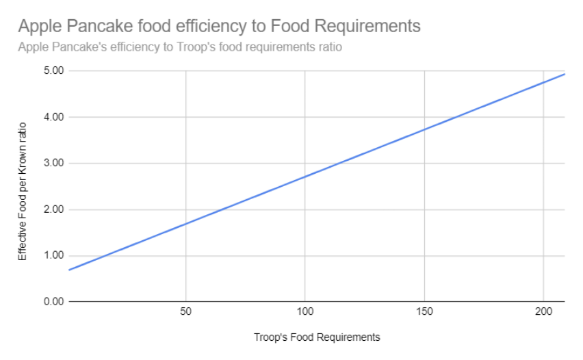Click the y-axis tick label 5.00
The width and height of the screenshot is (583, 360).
click(53, 70)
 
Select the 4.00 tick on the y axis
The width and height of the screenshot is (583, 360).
click(53, 117)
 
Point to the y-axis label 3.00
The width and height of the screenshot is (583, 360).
click(53, 163)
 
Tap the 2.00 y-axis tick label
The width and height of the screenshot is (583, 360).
click(53, 209)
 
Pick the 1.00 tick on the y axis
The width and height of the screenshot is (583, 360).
click(53, 255)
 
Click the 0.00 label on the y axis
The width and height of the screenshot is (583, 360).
click(53, 302)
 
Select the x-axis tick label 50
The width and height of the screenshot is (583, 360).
click(185, 313)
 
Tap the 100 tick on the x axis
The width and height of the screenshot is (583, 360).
click(305, 313)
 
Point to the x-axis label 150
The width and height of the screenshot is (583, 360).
click(424, 313)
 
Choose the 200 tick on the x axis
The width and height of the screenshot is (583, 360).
click(543, 313)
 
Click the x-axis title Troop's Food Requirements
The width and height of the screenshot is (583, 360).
click(316, 337)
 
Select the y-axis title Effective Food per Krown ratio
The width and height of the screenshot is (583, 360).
click(23, 191)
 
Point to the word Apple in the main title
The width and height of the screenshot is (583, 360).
click(39, 27)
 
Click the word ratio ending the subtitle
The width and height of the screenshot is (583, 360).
click(329, 48)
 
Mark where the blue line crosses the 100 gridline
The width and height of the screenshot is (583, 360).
click(305, 177)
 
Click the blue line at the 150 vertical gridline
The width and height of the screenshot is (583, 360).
click(424, 129)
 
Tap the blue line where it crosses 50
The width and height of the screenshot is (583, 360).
click(185, 223)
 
